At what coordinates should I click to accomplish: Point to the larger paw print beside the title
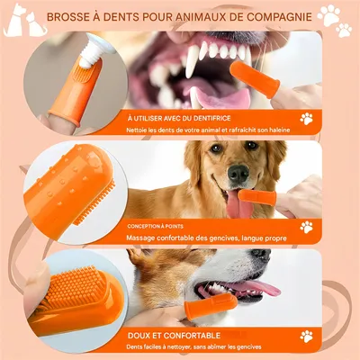point(329,15)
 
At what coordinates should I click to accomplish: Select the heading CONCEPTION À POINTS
point(158,227)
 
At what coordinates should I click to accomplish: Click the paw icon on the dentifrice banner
point(307,118)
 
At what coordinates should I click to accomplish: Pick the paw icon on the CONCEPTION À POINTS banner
point(306,227)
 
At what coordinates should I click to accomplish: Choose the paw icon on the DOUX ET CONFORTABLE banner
point(307,336)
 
